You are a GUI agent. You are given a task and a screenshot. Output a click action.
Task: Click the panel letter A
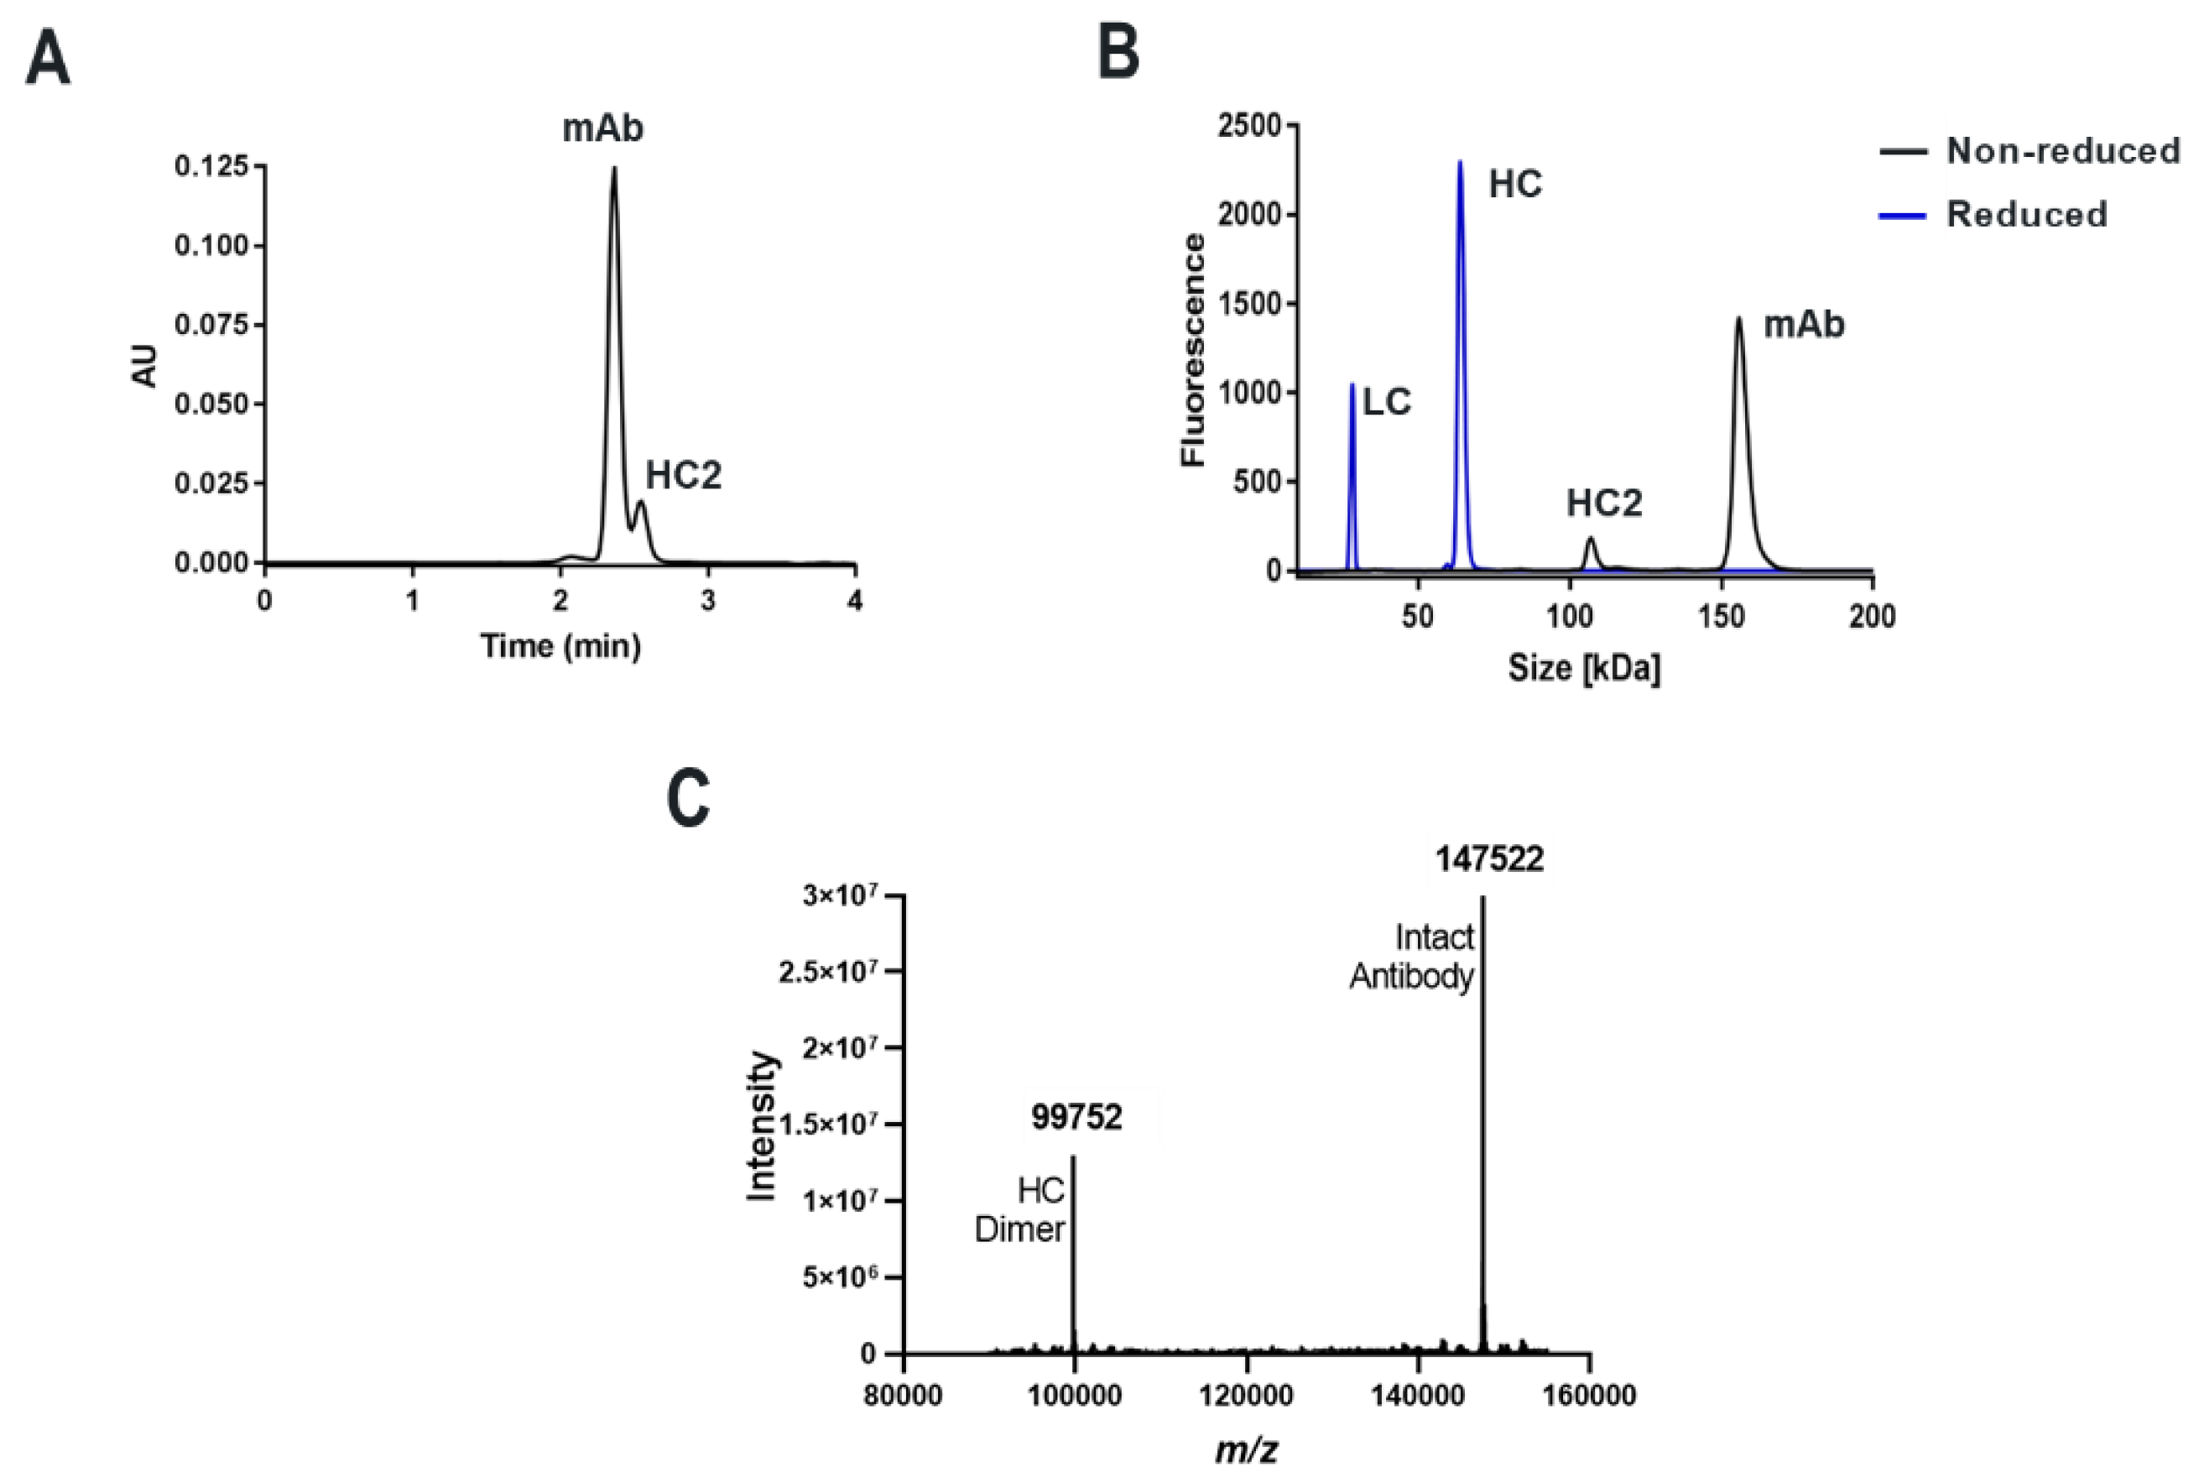pos(48,60)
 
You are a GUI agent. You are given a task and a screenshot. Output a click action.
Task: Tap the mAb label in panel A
pos(602,128)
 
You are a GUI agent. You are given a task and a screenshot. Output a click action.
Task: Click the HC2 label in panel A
pos(683,476)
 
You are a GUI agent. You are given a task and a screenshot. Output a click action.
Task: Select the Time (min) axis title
pos(561,646)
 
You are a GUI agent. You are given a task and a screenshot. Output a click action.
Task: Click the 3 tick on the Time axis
pos(708,601)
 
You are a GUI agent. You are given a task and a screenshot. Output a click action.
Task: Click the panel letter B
pos(1119,53)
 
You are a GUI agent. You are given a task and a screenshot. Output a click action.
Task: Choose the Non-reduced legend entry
pos(2062,151)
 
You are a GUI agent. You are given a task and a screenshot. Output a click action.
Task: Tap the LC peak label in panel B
pos(1387,402)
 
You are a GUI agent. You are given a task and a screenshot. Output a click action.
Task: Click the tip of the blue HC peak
pos(1461,163)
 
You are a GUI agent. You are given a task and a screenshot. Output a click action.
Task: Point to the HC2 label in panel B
pos(1604,503)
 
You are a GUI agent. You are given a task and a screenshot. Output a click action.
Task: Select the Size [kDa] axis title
pos(1584,668)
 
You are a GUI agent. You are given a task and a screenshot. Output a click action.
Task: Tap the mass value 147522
pos(1489,859)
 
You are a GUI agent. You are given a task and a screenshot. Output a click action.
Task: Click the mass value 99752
pos(1076,1117)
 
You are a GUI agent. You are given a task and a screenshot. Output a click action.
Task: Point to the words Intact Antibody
pos(1413,956)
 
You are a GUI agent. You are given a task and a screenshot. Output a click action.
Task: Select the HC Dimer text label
pos(1021,1210)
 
